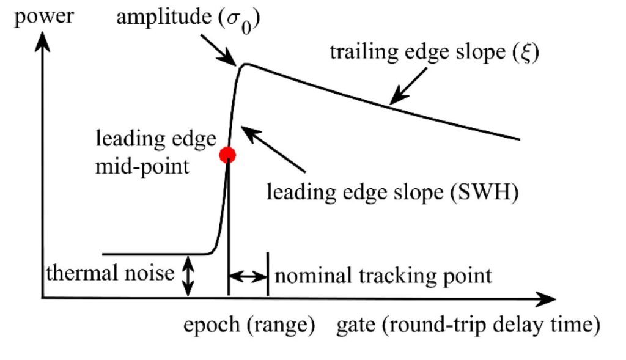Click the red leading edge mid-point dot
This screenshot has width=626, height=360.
(227, 155)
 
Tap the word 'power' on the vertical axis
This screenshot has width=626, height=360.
(43, 17)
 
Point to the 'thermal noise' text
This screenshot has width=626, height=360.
(111, 273)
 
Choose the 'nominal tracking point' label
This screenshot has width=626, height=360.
(383, 276)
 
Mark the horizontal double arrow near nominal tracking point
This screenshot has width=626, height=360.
(248, 276)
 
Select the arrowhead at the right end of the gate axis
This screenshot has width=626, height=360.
(548, 299)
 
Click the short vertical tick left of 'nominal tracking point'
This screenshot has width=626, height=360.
(268, 276)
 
